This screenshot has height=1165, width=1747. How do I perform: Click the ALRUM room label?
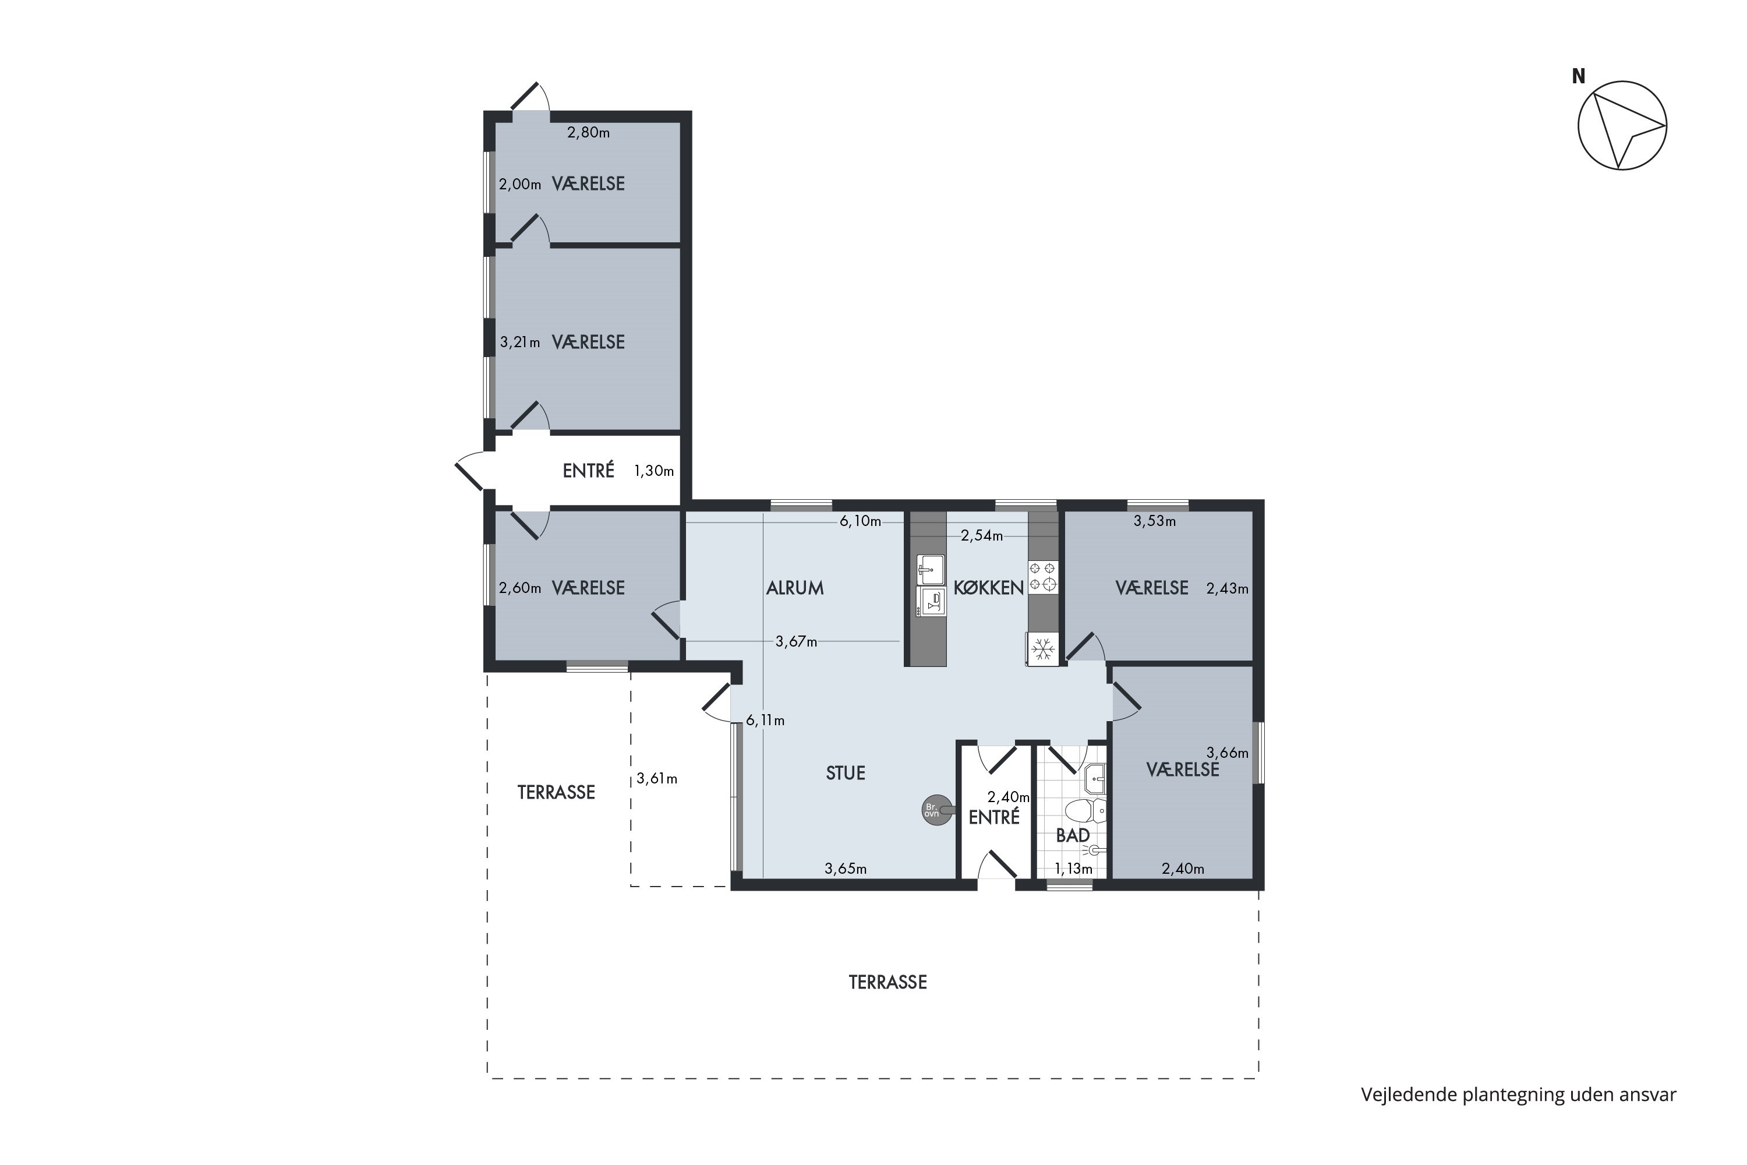[795, 588]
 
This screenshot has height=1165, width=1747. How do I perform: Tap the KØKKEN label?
[989, 588]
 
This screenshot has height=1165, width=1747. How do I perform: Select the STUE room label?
[846, 773]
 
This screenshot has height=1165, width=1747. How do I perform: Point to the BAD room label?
[1073, 835]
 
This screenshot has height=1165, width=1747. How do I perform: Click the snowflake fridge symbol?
[1043, 649]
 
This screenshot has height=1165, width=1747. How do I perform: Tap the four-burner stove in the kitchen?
[1043, 577]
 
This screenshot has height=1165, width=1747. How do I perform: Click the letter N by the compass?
[1578, 76]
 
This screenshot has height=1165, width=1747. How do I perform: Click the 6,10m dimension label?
[860, 521]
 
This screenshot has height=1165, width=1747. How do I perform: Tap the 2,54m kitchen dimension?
[981, 536]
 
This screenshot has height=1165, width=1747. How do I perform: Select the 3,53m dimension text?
[1154, 521]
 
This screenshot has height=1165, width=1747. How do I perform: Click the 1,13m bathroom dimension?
[1073, 869]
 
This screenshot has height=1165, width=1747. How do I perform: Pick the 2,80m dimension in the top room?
[588, 133]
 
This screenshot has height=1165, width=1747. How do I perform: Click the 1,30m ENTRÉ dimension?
[653, 471]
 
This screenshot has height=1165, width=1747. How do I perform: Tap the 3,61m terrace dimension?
[657, 779]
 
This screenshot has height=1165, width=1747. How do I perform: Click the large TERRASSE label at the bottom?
[887, 982]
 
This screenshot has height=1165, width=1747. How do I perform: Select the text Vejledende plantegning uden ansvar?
[1518, 1095]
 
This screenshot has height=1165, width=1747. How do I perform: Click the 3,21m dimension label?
[520, 343]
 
